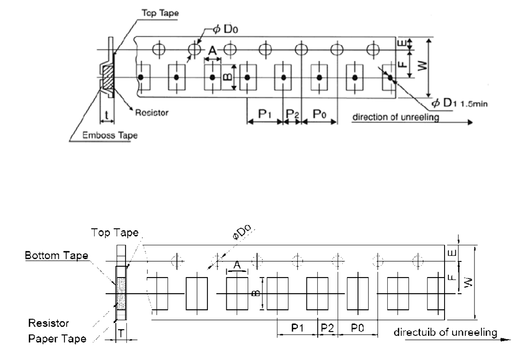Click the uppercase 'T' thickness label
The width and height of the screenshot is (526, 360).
[x=121, y=333]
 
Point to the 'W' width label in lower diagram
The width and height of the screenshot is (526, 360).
[x=468, y=282]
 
